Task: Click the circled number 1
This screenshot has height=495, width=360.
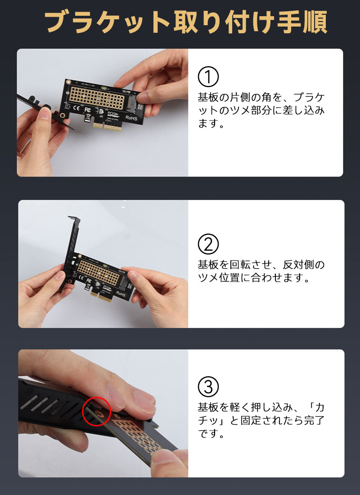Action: [208, 76]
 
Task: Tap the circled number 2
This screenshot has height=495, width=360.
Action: [208, 244]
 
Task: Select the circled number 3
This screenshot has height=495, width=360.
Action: [208, 387]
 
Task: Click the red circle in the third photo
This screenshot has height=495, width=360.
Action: [96, 411]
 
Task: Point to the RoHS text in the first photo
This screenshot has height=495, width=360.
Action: [131, 118]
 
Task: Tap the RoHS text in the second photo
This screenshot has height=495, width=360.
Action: [121, 293]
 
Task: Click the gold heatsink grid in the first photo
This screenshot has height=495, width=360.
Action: [97, 97]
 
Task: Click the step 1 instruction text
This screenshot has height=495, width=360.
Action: [261, 110]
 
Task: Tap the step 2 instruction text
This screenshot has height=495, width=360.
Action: [261, 271]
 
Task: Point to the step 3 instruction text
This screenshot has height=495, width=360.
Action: [261, 420]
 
